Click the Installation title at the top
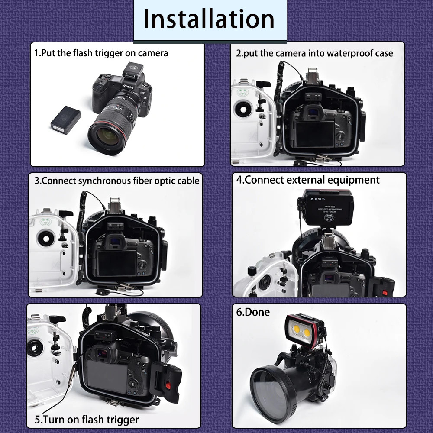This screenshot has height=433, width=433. [209, 19]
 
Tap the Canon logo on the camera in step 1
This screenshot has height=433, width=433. [129, 87]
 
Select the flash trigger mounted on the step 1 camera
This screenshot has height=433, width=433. [132, 71]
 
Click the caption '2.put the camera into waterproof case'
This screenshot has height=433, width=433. [314, 53]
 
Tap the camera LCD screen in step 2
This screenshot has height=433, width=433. [313, 133]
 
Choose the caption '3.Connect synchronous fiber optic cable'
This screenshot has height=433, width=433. [116, 180]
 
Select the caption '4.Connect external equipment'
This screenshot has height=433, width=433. [308, 180]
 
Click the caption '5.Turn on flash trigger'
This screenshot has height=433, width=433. [87, 420]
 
